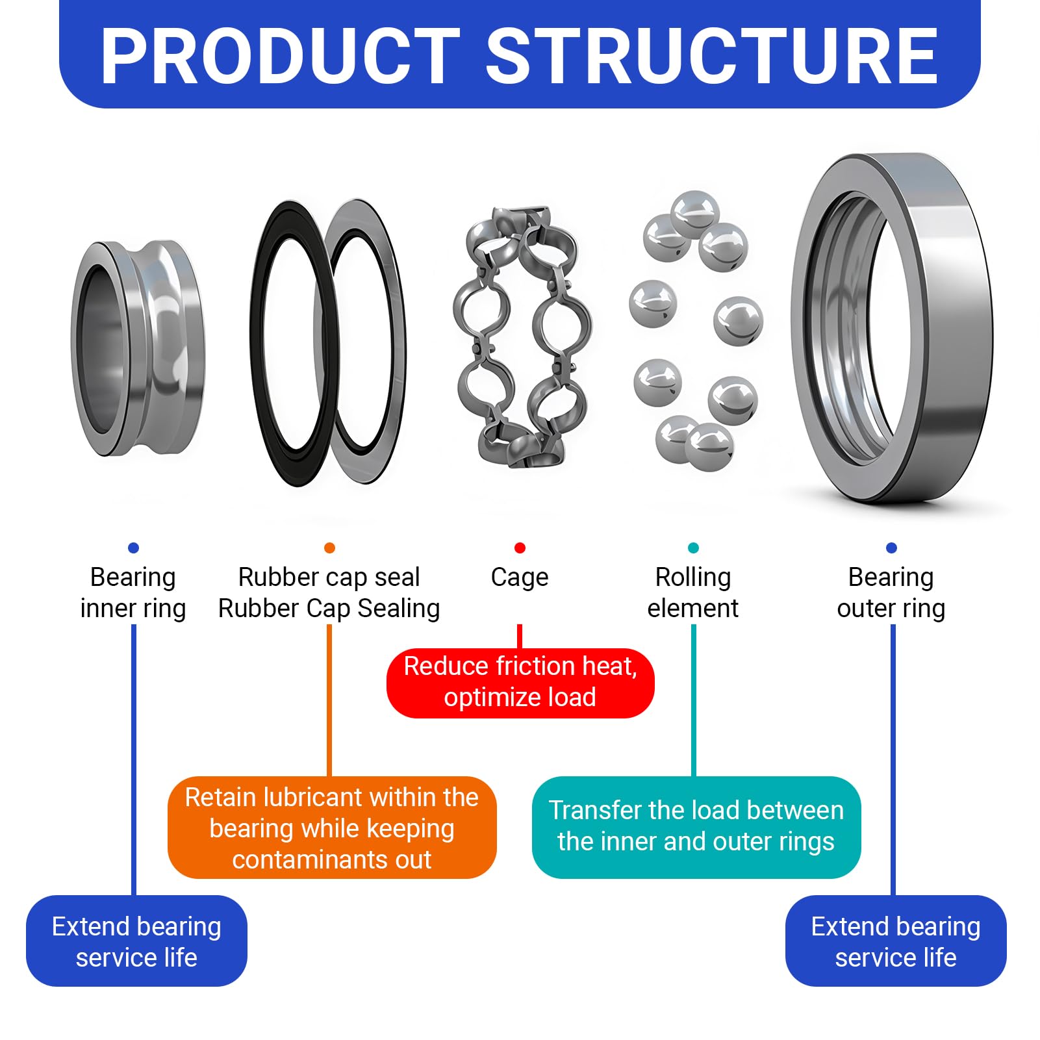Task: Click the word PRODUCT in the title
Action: pos(281,57)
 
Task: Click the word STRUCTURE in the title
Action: pos(712,57)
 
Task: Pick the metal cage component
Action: pos(524,336)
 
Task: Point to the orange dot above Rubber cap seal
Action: pos(329,548)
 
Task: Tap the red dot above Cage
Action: pos(520,548)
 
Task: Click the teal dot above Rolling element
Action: pos(693,548)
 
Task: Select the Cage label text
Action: pos(520,577)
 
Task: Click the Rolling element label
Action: pos(693,592)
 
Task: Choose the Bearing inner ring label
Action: pos(133,593)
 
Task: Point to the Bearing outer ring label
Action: pos(891,593)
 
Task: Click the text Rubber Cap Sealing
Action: pos(329,609)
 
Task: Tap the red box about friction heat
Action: pos(520,683)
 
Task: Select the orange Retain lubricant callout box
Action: pos(332,828)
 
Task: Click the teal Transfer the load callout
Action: pos(696,827)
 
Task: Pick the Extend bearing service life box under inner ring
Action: pos(136,941)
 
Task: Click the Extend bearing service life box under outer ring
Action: pos(896,941)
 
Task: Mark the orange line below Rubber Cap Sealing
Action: pos(329,701)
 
